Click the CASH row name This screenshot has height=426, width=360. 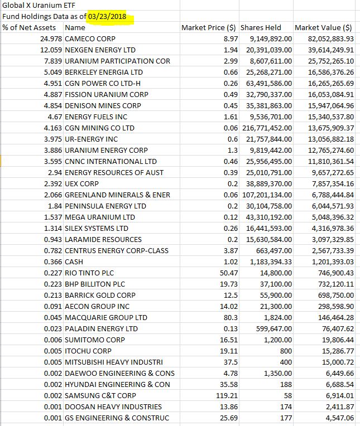[x=74, y=262]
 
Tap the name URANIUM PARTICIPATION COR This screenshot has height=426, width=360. [x=118, y=61]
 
